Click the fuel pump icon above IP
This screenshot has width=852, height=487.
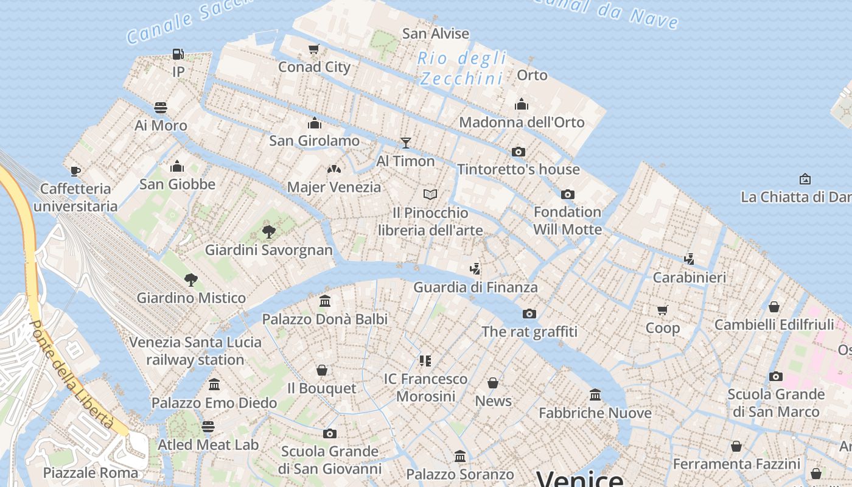pyautogui.click(x=178, y=54)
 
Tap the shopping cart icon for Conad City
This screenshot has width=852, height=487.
pyautogui.click(x=314, y=49)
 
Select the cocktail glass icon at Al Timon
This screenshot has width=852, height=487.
pyautogui.click(x=406, y=143)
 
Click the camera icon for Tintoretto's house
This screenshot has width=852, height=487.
pyautogui.click(x=519, y=152)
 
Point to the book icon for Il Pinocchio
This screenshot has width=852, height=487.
pyautogui.click(x=430, y=195)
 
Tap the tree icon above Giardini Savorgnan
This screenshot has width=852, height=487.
pyautogui.click(x=268, y=231)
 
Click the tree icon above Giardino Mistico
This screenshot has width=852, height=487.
pyautogui.click(x=191, y=280)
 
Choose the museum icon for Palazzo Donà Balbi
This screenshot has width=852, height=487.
pyautogui.click(x=325, y=301)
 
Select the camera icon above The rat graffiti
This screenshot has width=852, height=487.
pyautogui.click(x=529, y=314)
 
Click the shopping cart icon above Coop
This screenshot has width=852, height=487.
pyautogui.click(x=663, y=310)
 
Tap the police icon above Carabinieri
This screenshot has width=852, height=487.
pyautogui.click(x=689, y=259)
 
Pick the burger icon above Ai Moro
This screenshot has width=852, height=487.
pyautogui.click(x=161, y=108)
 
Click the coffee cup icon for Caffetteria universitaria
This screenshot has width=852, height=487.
pyautogui.click(x=75, y=171)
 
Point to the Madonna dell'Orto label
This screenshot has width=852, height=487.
pyautogui.click(x=522, y=122)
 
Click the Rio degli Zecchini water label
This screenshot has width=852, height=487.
pyautogui.click(x=463, y=68)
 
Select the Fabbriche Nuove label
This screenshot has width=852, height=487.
pyautogui.click(x=595, y=413)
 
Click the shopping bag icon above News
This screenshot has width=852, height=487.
pyautogui.click(x=493, y=383)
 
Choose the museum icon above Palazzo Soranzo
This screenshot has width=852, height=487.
pyautogui.click(x=460, y=456)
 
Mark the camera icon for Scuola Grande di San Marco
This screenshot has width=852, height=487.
pyautogui.click(x=776, y=376)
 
